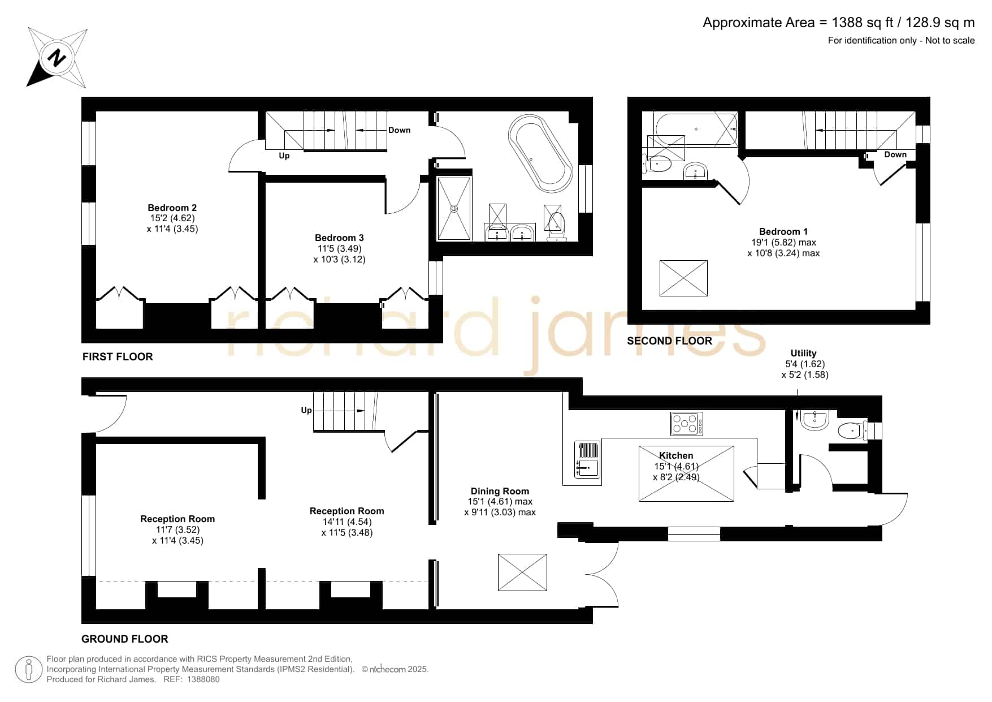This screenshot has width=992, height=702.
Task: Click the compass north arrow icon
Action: [57, 58]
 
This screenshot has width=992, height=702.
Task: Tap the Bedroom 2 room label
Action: [172, 208]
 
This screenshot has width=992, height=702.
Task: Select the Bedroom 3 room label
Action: [339, 238]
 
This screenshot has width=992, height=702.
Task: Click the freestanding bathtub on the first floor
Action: [540, 154]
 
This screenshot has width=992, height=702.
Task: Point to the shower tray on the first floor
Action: [454, 209]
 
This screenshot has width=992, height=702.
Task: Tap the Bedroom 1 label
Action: [783, 231]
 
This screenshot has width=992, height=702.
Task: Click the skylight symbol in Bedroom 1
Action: [683, 278]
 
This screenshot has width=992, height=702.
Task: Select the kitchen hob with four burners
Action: [687, 423]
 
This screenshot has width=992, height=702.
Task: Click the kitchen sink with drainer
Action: [588, 459]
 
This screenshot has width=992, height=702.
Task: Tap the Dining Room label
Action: [500, 491]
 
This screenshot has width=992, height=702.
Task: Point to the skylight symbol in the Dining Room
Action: [522, 572]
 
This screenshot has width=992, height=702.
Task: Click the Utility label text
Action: [803, 353]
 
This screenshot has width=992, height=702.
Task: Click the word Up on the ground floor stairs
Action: [306, 410]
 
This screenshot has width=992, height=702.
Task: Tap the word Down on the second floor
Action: [895, 154]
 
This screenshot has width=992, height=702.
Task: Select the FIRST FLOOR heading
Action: [118, 356]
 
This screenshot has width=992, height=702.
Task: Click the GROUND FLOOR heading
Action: [125, 639]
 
